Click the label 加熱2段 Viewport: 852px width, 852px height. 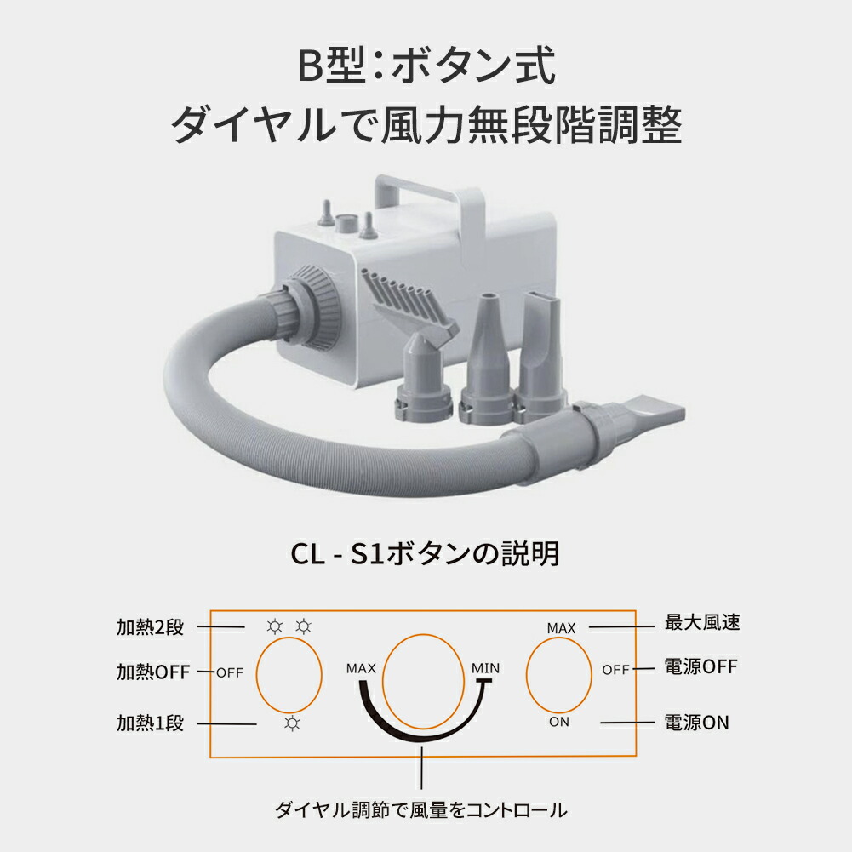click(150, 629)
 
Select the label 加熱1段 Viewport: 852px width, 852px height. click(150, 723)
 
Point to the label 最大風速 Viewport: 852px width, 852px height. click(701, 622)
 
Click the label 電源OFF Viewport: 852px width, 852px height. click(700, 666)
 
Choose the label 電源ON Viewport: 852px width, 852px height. click(696, 723)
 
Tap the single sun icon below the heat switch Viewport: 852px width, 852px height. click(293, 723)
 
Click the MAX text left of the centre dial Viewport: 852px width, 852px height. click(362, 668)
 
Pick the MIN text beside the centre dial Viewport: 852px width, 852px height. click(485, 668)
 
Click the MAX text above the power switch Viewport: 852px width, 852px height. click(561, 628)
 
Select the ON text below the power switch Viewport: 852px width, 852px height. click(559, 723)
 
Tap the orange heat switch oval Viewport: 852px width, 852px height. click(289, 677)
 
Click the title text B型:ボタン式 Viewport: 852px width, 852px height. click(426, 66)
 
